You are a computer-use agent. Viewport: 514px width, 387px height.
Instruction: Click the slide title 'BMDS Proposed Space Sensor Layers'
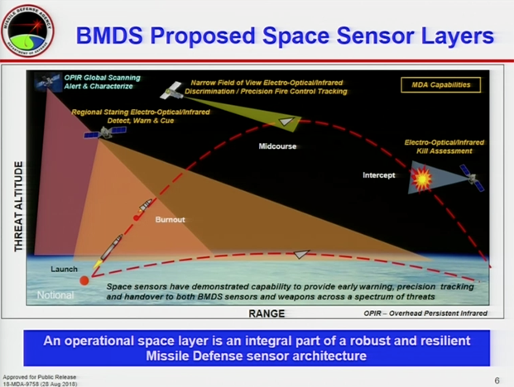point(285,36)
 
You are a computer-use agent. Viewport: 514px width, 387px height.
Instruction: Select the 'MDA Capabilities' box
point(440,85)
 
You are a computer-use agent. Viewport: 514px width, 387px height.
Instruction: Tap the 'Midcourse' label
point(276,146)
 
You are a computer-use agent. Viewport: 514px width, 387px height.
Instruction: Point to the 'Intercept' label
point(379,175)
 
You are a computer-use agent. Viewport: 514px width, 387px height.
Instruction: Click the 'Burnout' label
point(171,220)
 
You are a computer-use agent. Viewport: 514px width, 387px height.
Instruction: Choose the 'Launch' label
point(64,270)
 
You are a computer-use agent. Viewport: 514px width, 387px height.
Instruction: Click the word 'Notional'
point(55,295)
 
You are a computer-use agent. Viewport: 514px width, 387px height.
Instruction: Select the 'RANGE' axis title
point(267,314)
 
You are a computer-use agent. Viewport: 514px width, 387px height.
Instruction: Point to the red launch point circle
point(84,281)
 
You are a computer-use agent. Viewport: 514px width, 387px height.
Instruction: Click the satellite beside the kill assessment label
point(471,177)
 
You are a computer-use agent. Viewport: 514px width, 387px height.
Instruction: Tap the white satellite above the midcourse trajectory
point(173,89)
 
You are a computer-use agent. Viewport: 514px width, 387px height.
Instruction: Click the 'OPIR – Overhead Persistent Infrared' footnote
point(425,313)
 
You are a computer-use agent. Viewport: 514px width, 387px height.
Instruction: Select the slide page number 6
point(497,380)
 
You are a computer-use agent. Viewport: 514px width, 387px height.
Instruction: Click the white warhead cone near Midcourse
point(286,122)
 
